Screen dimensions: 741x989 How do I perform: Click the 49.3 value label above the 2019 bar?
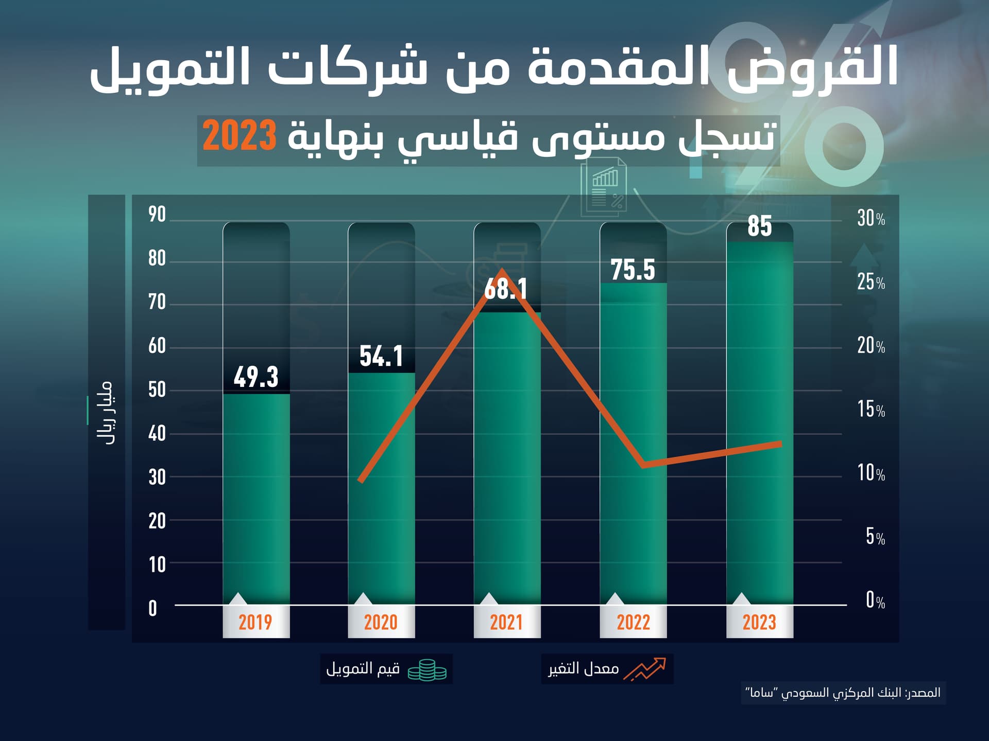click(x=256, y=377)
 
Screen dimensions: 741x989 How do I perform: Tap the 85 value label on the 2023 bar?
click(x=759, y=226)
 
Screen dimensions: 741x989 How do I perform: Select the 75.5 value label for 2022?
click(x=633, y=270)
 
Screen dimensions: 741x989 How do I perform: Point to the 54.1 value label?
click(x=381, y=356)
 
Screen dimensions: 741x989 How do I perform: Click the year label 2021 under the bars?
click(x=506, y=623)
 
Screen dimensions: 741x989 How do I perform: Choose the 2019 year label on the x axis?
click(x=255, y=623)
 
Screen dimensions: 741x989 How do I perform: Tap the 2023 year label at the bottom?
click(x=759, y=623)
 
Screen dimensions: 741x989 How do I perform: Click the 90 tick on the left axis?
click(x=157, y=215)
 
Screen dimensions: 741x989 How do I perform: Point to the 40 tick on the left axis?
click(x=157, y=434)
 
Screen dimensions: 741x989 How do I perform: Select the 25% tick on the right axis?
click(x=871, y=282)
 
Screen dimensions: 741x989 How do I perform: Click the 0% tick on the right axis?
click(x=875, y=601)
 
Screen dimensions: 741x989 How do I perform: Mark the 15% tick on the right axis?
click(x=871, y=410)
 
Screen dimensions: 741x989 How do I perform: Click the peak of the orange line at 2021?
click(x=503, y=271)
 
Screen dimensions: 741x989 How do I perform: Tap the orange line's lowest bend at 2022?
click(x=644, y=465)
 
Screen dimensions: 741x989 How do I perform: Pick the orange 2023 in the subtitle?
click(x=240, y=136)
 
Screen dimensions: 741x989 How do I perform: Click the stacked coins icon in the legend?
click(x=427, y=670)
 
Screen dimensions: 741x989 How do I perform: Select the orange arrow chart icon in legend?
click(x=644, y=669)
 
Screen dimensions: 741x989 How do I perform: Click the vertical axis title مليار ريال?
click(x=105, y=413)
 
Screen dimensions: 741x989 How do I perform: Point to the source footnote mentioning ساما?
click(x=843, y=693)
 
